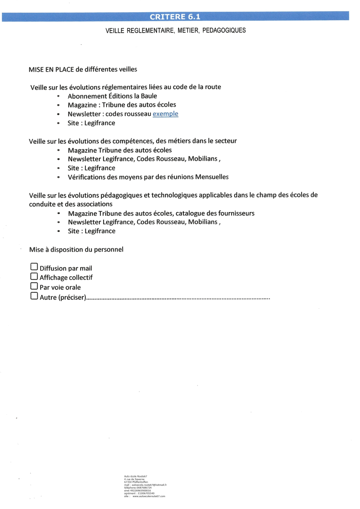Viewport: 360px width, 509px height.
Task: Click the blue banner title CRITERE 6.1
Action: pos(175,17)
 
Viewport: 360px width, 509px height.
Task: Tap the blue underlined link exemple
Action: pos(165,114)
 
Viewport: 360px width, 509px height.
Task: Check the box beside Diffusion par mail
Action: pos(34,268)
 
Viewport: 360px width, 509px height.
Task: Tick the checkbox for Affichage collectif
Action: pos(34,277)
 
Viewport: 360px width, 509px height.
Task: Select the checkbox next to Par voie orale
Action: pos(34,286)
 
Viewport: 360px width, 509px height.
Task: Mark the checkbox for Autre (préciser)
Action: pos(34,296)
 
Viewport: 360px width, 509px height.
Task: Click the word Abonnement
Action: pos(88,96)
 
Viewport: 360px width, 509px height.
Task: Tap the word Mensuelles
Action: pos(210,177)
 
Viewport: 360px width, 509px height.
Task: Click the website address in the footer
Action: pos(149,496)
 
